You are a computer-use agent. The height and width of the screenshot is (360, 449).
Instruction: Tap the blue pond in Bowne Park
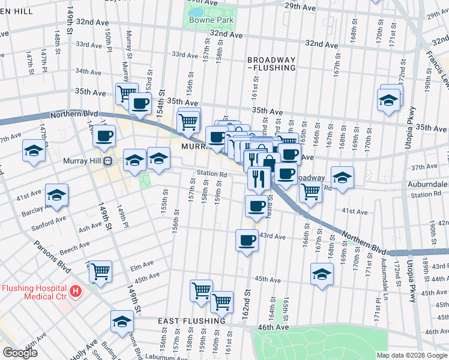pyautogui.click(x=196, y=11)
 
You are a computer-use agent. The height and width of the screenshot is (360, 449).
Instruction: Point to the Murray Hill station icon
pyautogui.click(x=107, y=161)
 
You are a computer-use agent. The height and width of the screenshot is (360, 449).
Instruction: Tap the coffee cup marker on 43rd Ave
pyautogui.click(x=247, y=241)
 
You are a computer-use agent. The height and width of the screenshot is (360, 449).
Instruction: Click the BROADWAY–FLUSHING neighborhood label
pyautogui.click(x=271, y=64)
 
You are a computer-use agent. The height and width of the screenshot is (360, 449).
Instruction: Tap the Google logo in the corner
pyautogui.click(x=20, y=353)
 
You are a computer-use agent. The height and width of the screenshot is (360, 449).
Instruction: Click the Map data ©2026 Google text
pyautogui.click(x=412, y=356)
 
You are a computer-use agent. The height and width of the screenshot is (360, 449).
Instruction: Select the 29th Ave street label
pyautogui.click(x=300, y=6)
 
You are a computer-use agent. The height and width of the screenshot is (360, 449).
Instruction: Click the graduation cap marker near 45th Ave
pyautogui.click(x=322, y=274)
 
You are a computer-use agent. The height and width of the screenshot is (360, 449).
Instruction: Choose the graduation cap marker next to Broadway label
pyautogui.click(x=342, y=177)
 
